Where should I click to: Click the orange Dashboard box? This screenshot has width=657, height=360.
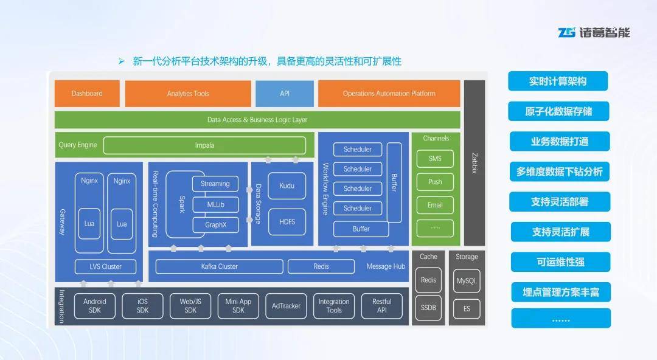87,94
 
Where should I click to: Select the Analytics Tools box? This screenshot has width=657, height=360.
188,94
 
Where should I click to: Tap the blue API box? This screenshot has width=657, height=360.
285,94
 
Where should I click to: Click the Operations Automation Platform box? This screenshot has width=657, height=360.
389,94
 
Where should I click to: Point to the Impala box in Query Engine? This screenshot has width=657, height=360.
204,145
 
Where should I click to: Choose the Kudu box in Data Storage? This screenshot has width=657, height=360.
287,185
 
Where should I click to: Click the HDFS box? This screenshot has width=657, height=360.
287,222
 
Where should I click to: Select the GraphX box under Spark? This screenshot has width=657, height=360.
215,225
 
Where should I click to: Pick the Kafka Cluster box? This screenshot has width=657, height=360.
219,266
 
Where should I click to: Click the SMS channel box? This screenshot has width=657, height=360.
435,159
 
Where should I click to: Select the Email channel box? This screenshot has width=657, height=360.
435,205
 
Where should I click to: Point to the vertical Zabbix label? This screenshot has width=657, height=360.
474,162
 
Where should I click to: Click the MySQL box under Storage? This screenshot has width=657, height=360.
467,281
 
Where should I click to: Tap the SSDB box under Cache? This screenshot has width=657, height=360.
428,308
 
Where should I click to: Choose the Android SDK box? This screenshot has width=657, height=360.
94,306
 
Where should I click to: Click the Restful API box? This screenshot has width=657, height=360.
381,306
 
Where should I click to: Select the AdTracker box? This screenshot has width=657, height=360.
286,306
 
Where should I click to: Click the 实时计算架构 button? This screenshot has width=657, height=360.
558,81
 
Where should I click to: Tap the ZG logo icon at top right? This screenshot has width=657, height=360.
567,32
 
